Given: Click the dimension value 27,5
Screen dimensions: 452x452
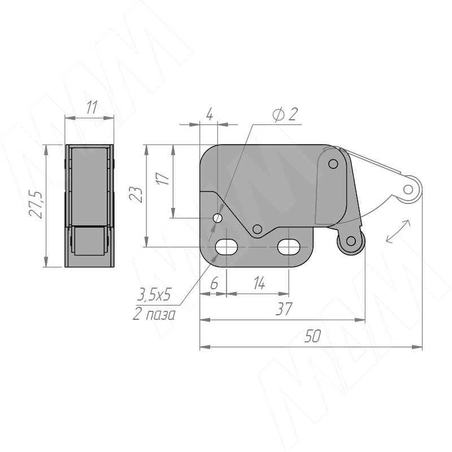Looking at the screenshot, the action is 36,205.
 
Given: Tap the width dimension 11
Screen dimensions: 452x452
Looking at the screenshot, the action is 92,107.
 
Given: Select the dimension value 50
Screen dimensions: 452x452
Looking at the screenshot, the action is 312,336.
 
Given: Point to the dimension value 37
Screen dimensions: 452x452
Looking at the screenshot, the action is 284,308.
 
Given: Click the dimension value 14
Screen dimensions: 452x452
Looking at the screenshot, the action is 259,283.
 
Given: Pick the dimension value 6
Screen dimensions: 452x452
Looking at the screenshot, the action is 214,284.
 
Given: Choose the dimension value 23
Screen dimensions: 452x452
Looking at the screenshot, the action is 136,195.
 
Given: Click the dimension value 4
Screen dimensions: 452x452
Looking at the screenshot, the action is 210,115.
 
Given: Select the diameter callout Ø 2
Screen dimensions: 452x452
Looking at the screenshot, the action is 285,114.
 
